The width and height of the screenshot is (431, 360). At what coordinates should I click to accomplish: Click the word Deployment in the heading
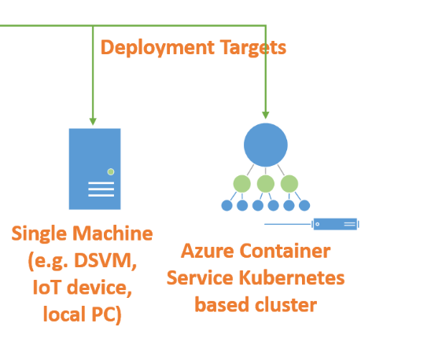(157, 47)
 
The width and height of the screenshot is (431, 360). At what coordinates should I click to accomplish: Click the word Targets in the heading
(253, 47)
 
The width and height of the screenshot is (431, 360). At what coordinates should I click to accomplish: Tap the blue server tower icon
(95, 169)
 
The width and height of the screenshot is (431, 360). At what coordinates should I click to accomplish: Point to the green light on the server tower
(111, 172)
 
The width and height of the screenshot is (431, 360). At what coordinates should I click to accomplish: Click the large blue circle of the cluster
(266, 145)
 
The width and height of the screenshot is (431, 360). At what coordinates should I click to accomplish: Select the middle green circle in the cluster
(266, 184)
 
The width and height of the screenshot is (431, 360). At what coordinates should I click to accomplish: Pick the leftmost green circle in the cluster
(242, 184)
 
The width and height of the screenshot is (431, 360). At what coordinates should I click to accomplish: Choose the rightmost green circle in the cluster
(289, 184)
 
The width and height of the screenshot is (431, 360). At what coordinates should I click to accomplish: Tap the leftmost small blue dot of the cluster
(227, 205)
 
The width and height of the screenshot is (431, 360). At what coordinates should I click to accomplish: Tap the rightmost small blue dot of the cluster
(304, 205)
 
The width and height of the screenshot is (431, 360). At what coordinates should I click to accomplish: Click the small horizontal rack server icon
(335, 224)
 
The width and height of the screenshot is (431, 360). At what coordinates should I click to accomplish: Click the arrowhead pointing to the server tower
(93, 122)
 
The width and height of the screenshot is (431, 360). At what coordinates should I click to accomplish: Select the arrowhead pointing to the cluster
(266, 115)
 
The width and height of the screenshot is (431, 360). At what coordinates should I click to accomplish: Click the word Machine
(113, 233)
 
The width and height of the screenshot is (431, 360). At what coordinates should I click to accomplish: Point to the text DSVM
(105, 260)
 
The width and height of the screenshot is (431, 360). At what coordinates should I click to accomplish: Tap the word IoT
(46, 287)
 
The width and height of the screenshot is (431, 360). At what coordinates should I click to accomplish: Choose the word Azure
(208, 251)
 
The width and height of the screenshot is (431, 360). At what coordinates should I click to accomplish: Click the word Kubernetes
(292, 277)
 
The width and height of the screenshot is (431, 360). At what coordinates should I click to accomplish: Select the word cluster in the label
(285, 305)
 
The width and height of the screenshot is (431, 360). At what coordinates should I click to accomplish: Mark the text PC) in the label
(106, 314)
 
